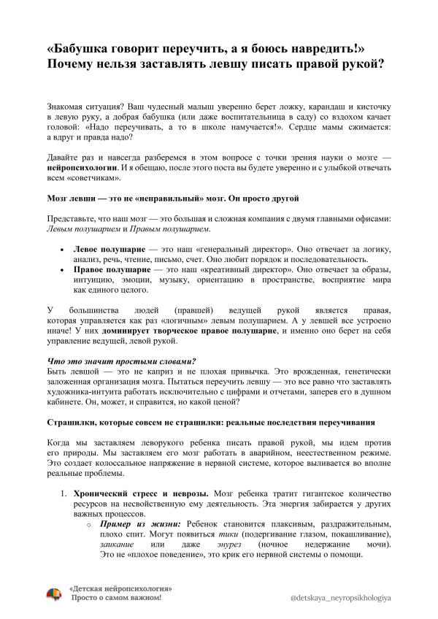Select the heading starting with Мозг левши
[x=172, y=199]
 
